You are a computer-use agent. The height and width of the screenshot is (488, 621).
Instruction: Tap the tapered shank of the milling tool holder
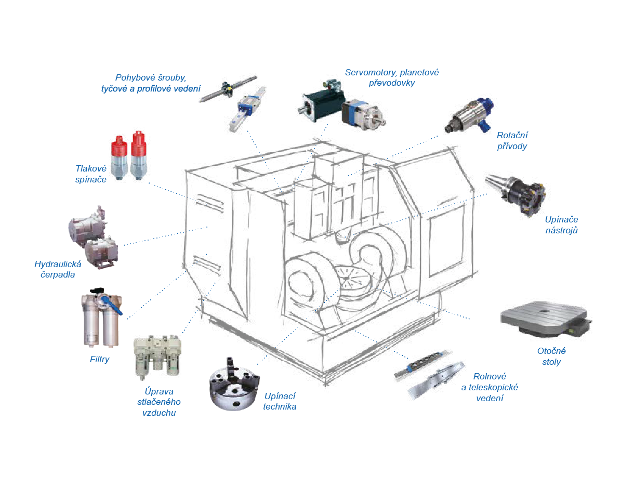(x=496, y=184)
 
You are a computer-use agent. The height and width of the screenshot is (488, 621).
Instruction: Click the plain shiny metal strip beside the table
(x=434, y=379)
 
